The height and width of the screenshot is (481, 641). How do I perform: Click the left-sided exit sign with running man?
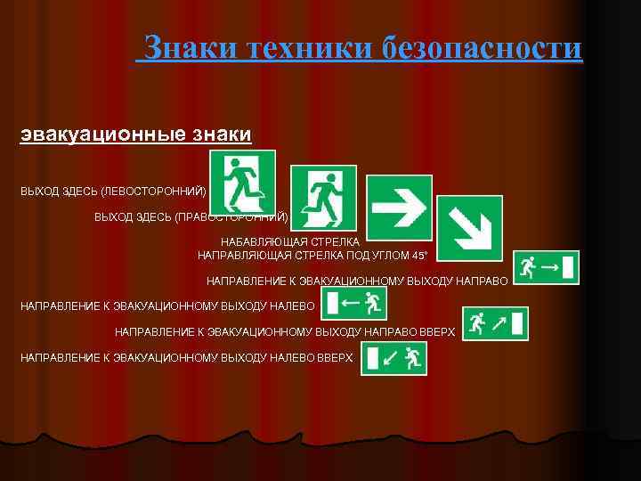pyautogui.click(x=242, y=183)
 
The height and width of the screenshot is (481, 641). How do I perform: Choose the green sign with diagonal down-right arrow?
pyautogui.click(x=469, y=228)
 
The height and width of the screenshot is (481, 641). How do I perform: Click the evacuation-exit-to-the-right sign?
pyautogui.click(x=547, y=267)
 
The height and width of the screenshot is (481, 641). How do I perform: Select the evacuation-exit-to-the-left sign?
pyautogui.click(x=356, y=304)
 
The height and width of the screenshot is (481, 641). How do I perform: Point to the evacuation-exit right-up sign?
pyautogui.click(x=495, y=324)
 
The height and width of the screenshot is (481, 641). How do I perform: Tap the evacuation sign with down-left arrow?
pyautogui.click(x=394, y=359)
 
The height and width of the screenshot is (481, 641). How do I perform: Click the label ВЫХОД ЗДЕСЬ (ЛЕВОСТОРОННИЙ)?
pyautogui.click(x=113, y=192)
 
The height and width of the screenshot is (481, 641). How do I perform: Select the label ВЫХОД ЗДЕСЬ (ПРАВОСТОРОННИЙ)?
pyautogui.click(x=191, y=216)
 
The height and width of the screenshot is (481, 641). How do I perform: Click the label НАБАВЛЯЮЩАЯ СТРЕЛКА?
pyautogui.click(x=290, y=241)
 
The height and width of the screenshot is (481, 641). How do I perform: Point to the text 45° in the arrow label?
pyautogui.click(x=418, y=256)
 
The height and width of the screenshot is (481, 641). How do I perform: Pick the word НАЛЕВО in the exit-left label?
pyautogui.click(x=289, y=306)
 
